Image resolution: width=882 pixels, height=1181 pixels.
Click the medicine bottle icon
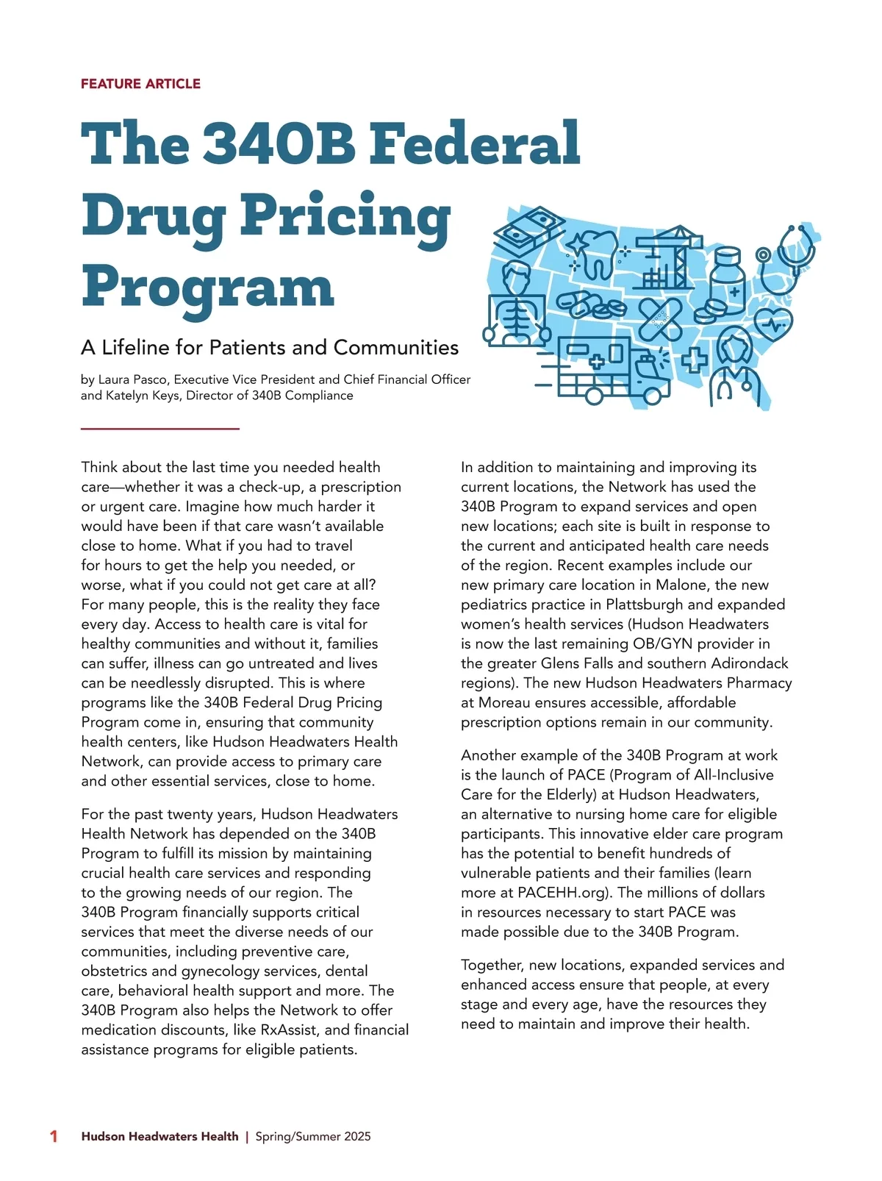pyautogui.click(x=727, y=279)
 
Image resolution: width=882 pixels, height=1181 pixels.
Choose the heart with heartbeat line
pyautogui.click(x=774, y=324)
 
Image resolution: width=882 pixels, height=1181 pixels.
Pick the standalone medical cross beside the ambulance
pyautogui.click(x=694, y=360)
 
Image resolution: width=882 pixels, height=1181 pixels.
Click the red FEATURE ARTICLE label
pyautogui.click(x=140, y=84)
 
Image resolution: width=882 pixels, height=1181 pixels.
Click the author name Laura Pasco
pyautogui.click(x=132, y=379)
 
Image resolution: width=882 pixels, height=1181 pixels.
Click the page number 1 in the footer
pyautogui.click(x=53, y=1136)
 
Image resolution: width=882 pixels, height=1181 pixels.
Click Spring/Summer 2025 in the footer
pyautogui.click(x=313, y=1136)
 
